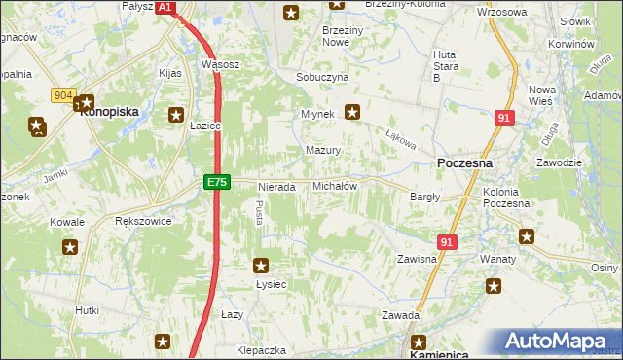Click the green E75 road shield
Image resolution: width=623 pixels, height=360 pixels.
pyautogui.click(x=217, y=183)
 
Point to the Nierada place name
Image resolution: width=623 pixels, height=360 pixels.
pyautogui.click(x=275, y=187)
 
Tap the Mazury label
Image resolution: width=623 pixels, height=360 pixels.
pyautogui.click(x=322, y=151)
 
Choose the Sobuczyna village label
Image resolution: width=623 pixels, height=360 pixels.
pyautogui.click(x=322, y=77)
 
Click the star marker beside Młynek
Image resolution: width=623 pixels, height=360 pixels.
pyautogui.click(x=352, y=113)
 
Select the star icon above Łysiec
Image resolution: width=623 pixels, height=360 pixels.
pyautogui.click(x=261, y=265)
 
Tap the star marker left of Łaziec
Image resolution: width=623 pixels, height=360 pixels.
pyautogui.click(x=177, y=114)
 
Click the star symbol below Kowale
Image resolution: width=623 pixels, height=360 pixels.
pyautogui.click(x=69, y=246)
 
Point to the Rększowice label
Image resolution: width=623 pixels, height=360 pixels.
pyautogui.click(x=143, y=221)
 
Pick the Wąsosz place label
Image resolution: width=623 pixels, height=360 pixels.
pyautogui.click(x=220, y=64)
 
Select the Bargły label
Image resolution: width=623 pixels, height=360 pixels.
pyautogui.click(x=425, y=198)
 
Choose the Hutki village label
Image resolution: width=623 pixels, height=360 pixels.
pyautogui.click(x=87, y=310)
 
